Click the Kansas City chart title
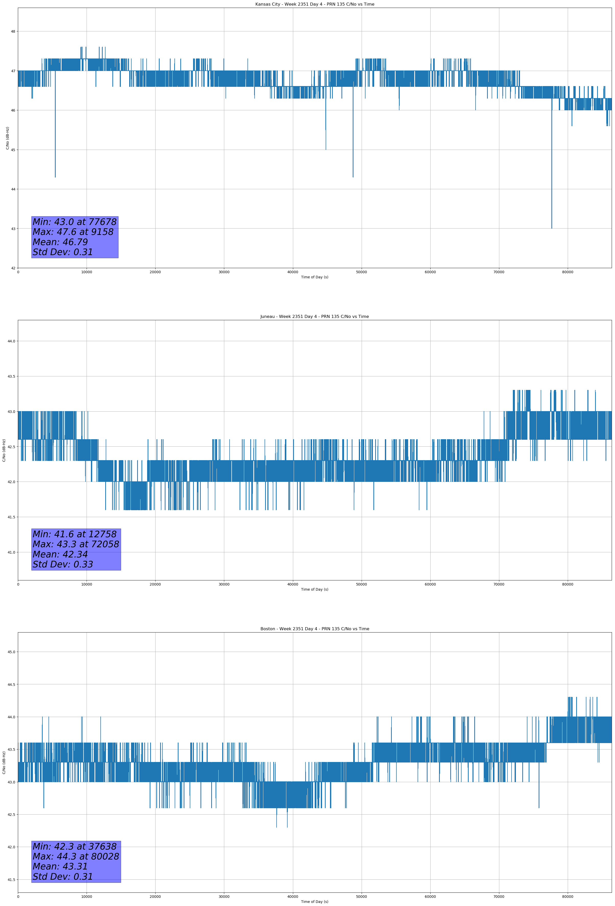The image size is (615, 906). point(314,4)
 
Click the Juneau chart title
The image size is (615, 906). point(314,317)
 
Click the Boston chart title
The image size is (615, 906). point(314,629)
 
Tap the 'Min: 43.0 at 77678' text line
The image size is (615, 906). point(75,222)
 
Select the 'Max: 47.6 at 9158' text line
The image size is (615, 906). point(73,232)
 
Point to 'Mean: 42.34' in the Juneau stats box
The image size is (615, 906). point(60,554)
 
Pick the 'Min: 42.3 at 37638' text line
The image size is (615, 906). point(75,846)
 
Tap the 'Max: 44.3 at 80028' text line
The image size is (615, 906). point(76,856)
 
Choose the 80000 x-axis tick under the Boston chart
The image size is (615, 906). point(567,897)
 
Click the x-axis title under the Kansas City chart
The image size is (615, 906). point(314,277)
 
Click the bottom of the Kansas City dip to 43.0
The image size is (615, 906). point(551,228)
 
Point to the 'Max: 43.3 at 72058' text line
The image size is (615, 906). point(76,544)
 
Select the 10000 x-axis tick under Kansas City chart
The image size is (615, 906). point(87,272)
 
